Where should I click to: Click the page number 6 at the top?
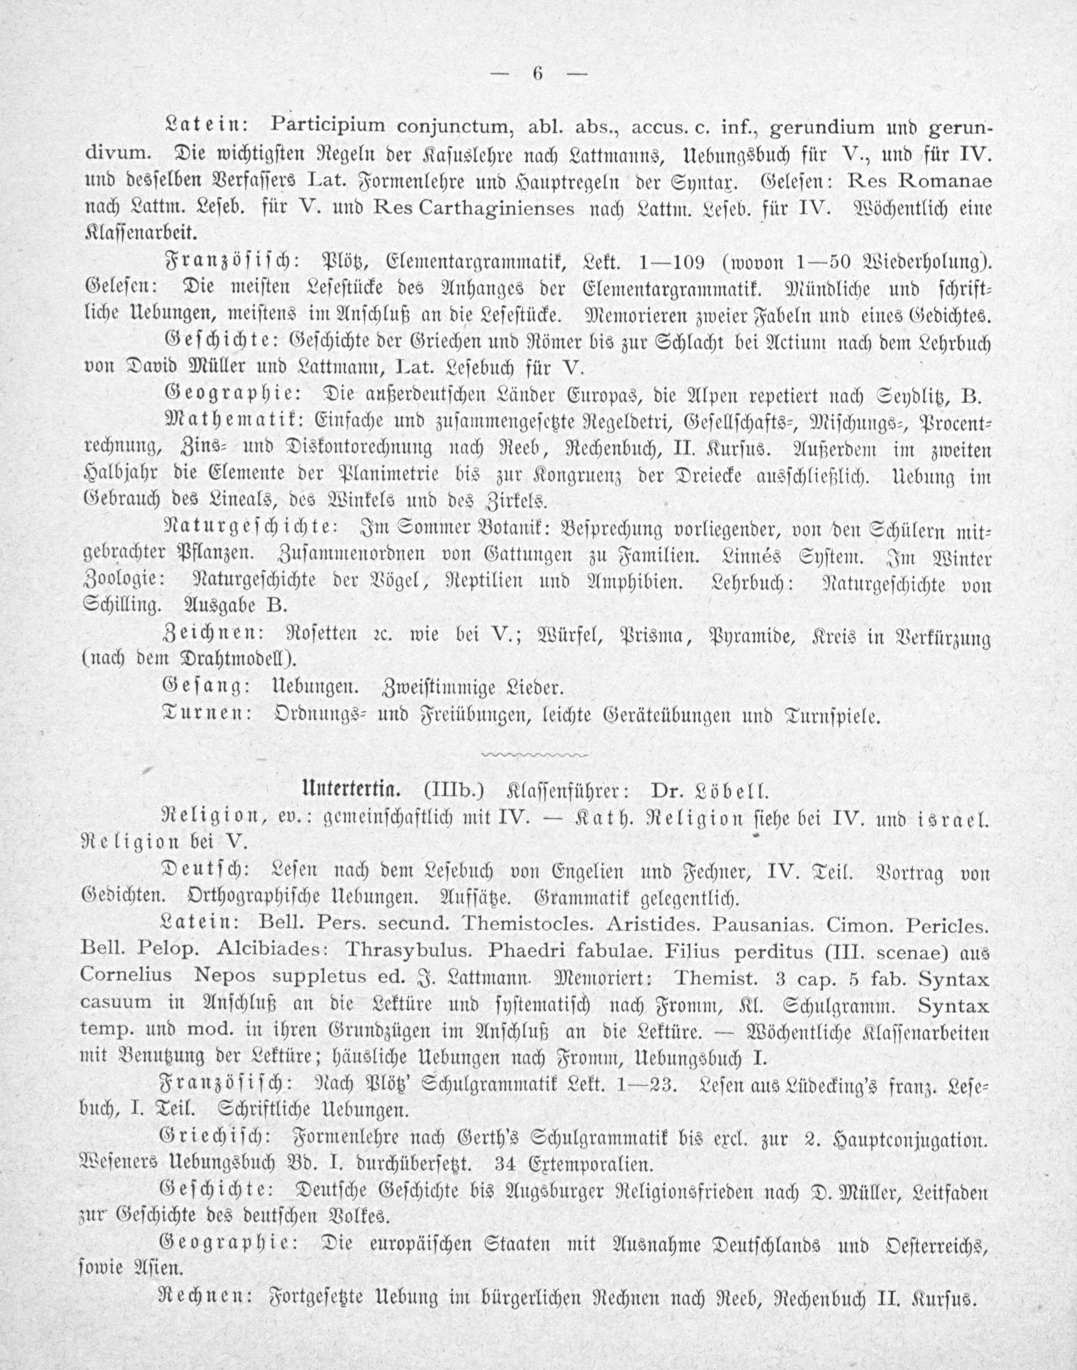point(538,74)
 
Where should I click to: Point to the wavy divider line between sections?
point(534,754)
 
